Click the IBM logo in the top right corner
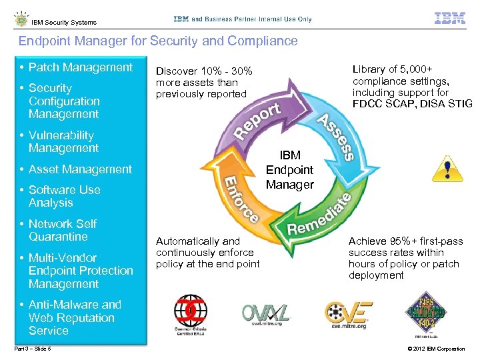(x=450, y=18)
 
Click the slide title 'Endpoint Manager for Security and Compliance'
(x=158, y=41)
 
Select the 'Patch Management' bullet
(x=80, y=67)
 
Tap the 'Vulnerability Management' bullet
(x=63, y=141)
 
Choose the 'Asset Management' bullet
(x=80, y=169)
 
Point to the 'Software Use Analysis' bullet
(x=64, y=196)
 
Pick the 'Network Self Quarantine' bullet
(x=62, y=230)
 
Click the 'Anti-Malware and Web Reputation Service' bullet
(x=75, y=317)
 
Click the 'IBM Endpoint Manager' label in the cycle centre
(x=289, y=170)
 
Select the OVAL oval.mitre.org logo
(x=265, y=313)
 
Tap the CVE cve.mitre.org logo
(x=349, y=313)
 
